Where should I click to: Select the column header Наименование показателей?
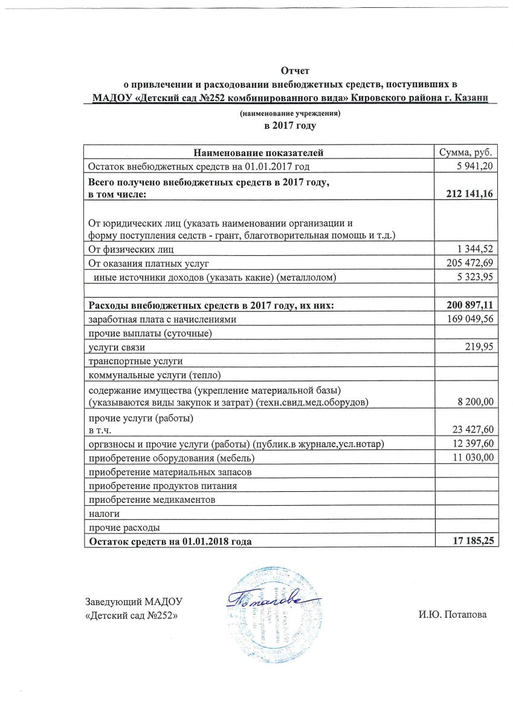tap(259, 152)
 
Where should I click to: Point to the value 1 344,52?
tap(476, 249)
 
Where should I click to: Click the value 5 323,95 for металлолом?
tap(476, 277)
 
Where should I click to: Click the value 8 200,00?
tap(475, 402)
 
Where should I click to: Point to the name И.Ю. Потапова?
tap(453, 615)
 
